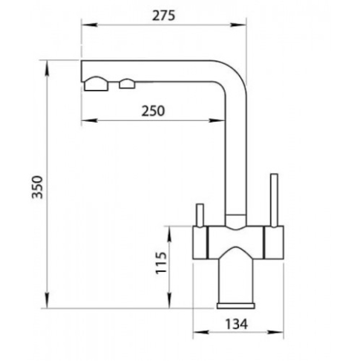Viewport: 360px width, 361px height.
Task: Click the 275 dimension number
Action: [163, 16]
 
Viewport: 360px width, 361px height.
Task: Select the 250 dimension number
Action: [153, 111]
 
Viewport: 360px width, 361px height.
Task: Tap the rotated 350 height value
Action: [38, 187]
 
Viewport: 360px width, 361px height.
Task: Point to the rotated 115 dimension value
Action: [161, 263]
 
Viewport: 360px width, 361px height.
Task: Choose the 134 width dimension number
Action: [236, 324]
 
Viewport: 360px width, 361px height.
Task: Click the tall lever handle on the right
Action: [274, 200]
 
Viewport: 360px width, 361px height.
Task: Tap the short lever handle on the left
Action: [200, 215]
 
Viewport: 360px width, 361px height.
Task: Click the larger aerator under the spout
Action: [96, 84]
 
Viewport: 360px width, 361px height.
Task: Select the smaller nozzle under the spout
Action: [127, 84]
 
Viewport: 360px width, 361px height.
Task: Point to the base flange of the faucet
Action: [236, 306]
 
